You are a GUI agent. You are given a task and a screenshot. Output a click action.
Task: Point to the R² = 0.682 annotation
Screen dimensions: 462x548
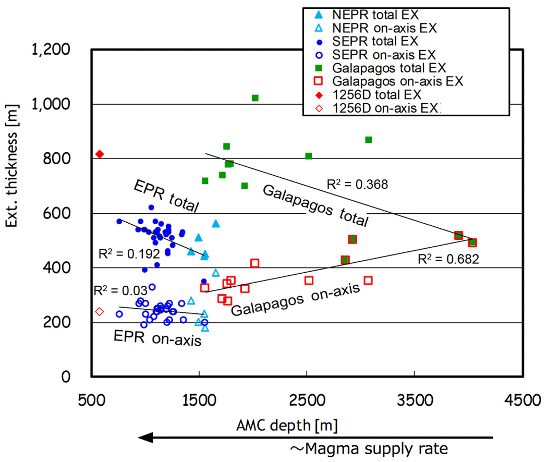448,259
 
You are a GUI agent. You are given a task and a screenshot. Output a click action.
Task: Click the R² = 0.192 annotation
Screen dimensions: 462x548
122,253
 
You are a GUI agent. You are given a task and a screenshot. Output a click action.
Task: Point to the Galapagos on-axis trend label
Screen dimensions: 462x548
296,300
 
